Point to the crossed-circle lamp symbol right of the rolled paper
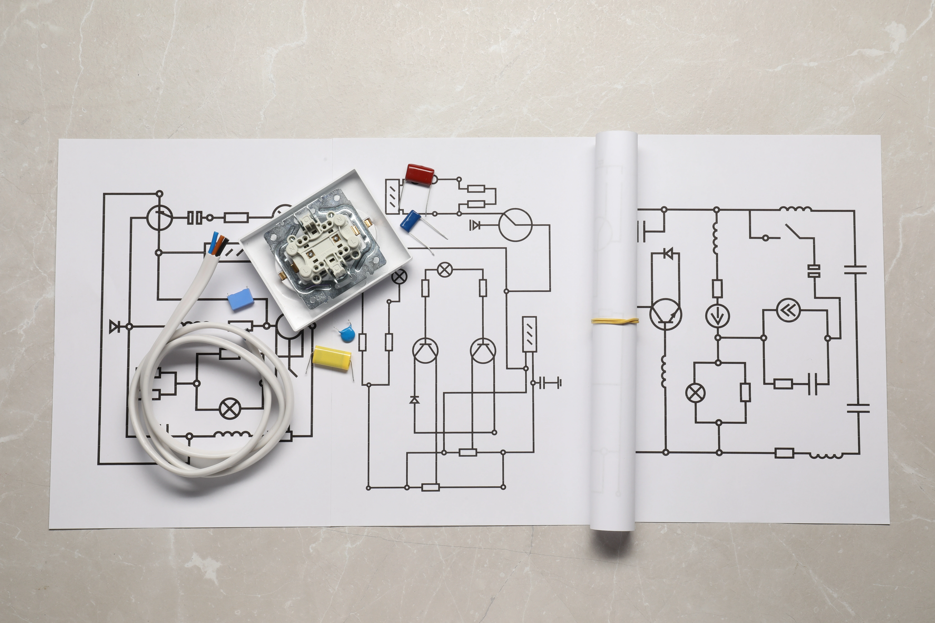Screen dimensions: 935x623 (x=695, y=393)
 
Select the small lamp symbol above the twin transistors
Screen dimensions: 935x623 (x=444, y=270)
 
